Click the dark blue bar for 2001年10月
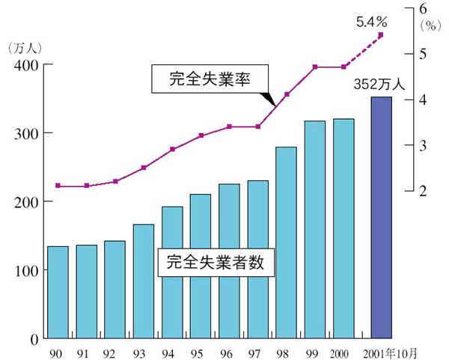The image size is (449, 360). pos(381,218)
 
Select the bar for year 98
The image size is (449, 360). pos(287,242)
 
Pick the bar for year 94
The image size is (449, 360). pos(172,272)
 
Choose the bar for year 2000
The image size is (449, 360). pos(343,228)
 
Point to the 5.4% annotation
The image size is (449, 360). pos(371,21)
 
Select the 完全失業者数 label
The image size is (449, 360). pos(216,263)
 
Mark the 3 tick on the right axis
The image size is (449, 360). pos(424,145)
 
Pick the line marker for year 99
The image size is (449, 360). pos(315,67)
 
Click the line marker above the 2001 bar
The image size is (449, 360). pos(381,34)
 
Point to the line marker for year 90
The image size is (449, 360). pos(58,186)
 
